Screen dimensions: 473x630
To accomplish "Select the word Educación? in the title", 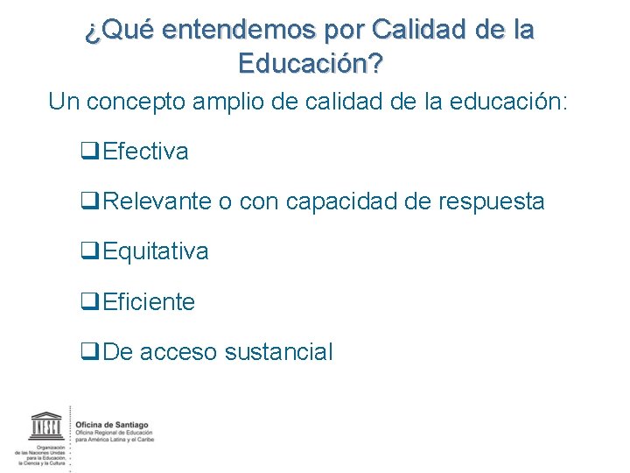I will pos(311,64).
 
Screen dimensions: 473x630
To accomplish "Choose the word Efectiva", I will pos(145,152).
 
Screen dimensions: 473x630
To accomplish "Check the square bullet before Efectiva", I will pos(87,152).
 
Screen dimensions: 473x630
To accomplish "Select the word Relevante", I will pos(157,201).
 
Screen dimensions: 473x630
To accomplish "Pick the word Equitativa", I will pos(156,251).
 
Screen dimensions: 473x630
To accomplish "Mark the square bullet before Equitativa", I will pos(87,251).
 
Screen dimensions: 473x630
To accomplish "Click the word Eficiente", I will pos(149,302).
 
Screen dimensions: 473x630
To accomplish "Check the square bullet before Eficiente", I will pos(87,302).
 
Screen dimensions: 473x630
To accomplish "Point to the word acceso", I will pos(178,352).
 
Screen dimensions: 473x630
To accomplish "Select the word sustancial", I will pos(278,352).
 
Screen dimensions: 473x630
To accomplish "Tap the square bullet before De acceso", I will pos(87,352).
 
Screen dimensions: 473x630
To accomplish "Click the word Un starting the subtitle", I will pos(64,102).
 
